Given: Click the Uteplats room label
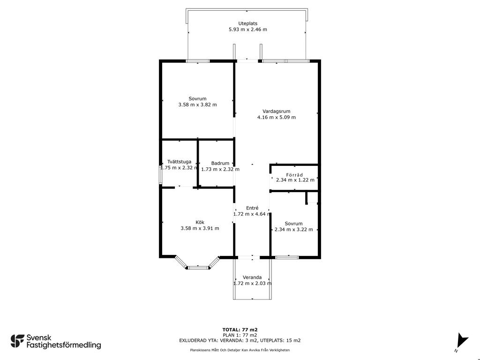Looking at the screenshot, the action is click(x=247, y=23).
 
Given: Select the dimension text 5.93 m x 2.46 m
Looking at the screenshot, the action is click(x=247, y=30).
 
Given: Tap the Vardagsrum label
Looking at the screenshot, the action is click(x=277, y=112).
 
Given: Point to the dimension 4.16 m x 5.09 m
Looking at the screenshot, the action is click(x=277, y=117).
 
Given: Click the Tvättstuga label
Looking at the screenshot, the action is click(x=180, y=162).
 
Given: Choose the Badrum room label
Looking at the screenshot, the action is click(x=220, y=164).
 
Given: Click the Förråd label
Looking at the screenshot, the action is click(x=294, y=175).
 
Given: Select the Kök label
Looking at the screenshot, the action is click(x=200, y=223).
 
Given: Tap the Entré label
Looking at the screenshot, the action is click(x=252, y=208).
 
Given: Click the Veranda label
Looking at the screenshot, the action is click(x=252, y=277).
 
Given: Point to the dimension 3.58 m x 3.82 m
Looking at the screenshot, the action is click(x=197, y=105).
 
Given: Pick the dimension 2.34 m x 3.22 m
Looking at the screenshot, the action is click(x=294, y=230).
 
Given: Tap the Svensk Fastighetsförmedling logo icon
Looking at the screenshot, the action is click(x=17, y=341).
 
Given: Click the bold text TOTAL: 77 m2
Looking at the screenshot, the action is click(x=240, y=330).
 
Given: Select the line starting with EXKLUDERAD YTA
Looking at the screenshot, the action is click(x=240, y=340).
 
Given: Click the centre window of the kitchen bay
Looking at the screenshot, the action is click(x=198, y=268).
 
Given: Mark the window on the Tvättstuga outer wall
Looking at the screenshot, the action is click(x=160, y=175).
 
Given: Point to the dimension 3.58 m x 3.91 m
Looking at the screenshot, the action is click(x=200, y=228).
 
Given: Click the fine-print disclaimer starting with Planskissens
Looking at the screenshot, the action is click(x=240, y=350).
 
